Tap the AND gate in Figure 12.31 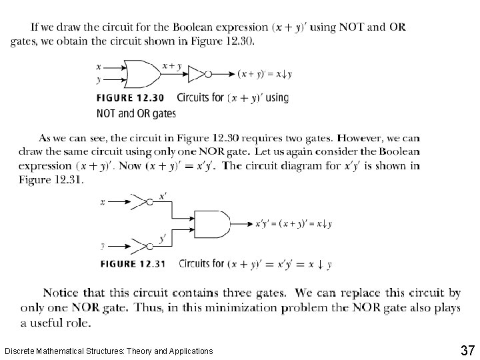coord(211,223)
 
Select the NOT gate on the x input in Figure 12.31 coord(140,202)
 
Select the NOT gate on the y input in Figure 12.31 coord(140,245)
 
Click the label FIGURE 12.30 coord(131,98)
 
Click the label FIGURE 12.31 coord(133,264)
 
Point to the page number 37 coord(466,350)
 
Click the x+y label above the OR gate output coord(173,65)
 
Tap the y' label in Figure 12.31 coord(163,237)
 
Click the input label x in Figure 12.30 coord(99,67)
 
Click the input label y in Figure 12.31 coord(103,245)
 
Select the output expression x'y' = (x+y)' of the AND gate coord(293,224)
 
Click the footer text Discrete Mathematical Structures coord(109,351)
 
